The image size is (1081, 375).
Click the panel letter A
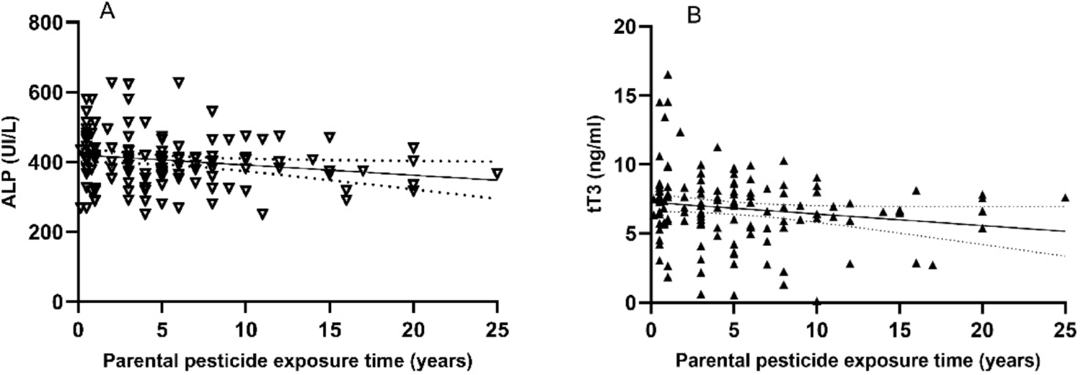coord(107,12)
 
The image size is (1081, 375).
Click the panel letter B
coord(694,14)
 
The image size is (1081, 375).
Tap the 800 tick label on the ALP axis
coord(45,22)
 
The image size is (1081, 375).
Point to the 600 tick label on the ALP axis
coord(45,92)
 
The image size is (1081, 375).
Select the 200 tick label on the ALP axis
coord(45,232)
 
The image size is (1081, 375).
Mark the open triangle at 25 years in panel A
coord(497,173)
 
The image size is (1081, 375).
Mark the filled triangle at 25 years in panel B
coord(1064,198)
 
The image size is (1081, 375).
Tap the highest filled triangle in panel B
coord(668,74)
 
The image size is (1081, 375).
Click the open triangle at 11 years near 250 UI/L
coord(262,213)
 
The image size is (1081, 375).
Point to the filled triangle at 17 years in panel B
coord(932,265)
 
